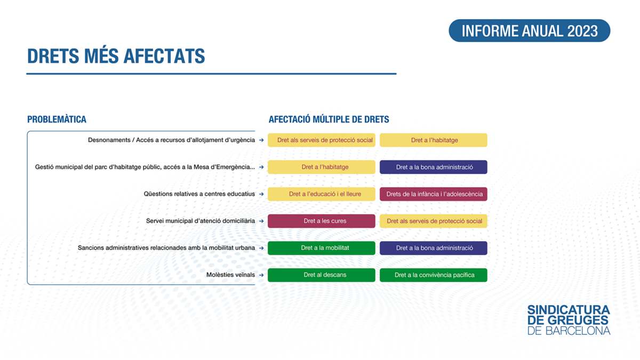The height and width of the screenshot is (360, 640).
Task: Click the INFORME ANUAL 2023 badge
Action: [x=530, y=30]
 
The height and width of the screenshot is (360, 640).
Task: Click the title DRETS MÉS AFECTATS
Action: [x=116, y=56]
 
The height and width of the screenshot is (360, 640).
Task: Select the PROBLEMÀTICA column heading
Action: [x=57, y=119]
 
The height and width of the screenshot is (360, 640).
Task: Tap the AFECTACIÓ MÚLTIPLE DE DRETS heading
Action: [x=329, y=119]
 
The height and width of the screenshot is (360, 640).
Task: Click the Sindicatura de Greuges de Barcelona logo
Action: [x=569, y=319]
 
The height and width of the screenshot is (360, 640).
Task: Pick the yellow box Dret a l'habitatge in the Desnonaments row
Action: [x=434, y=140]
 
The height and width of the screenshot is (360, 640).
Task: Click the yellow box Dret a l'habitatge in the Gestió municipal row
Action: [x=322, y=167]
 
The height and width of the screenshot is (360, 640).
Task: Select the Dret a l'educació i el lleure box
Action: [x=322, y=194]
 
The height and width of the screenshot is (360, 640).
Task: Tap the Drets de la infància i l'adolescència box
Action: [x=434, y=194]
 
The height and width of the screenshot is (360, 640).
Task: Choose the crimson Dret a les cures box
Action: [x=322, y=221]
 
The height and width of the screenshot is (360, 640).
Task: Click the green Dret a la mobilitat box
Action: [x=322, y=247]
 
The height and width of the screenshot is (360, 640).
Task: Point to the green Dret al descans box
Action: [x=322, y=275]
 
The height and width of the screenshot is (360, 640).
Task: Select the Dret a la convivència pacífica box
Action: [x=434, y=275]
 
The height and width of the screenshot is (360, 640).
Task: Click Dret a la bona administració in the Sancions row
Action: [x=434, y=247]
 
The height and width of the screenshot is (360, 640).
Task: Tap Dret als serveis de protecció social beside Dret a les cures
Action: [x=434, y=221]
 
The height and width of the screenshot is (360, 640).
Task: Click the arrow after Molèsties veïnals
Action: [x=261, y=275]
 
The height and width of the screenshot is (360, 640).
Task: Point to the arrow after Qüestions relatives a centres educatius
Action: [x=261, y=194]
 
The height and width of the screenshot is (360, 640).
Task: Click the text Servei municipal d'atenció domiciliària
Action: [x=201, y=221]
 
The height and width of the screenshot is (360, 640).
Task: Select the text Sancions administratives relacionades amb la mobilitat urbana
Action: [x=166, y=247]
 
